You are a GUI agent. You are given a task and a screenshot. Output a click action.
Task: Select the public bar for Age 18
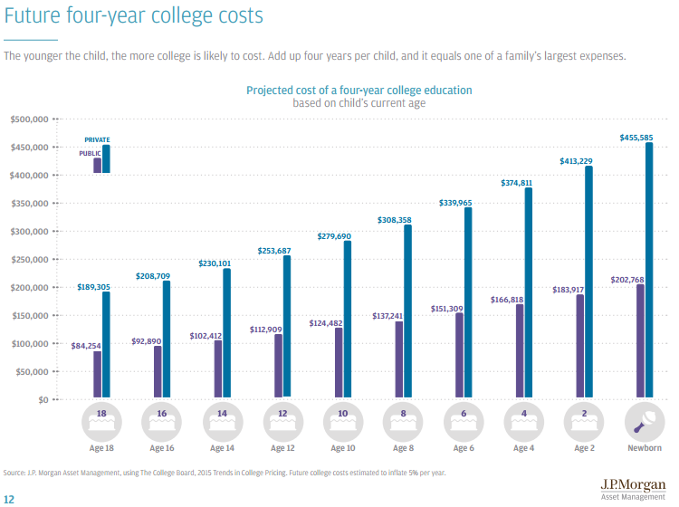click(97, 374)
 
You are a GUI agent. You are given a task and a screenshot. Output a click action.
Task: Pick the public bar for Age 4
click(519, 350)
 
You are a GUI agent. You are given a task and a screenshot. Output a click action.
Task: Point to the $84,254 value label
click(86, 344)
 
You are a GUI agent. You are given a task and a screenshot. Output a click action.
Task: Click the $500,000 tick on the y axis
click(29, 120)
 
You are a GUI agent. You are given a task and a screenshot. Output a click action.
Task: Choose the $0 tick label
click(42, 400)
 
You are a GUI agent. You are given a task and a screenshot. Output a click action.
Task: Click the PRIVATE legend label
click(97, 140)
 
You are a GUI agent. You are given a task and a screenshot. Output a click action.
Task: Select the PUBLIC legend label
click(90, 154)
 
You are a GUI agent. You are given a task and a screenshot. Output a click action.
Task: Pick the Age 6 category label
click(462, 448)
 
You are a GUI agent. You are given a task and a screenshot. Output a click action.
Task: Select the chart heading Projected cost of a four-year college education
click(359, 91)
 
